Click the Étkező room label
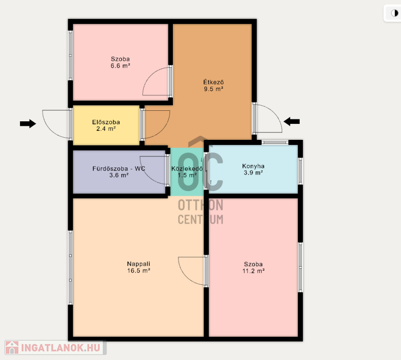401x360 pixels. pyautogui.click(x=214, y=82)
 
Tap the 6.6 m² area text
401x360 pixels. pyautogui.click(x=120, y=66)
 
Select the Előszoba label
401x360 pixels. pyautogui.click(x=106, y=122)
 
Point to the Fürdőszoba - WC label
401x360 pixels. pyautogui.click(x=119, y=168)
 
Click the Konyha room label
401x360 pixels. pyautogui.click(x=253, y=166)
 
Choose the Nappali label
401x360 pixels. pyautogui.click(x=139, y=264)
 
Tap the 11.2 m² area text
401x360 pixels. pyautogui.click(x=254, y=271)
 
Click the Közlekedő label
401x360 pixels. pyautogui.click(x=187, y=168)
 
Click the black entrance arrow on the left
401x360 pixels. pyautogui.click(x=28, y=123)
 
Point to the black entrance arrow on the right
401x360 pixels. pyautogui.click(x=292, y=121)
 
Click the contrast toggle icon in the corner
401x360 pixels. pyautogui.click(x=394, y=13)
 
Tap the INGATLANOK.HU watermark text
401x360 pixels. pyautogui.click(x=60, y=348)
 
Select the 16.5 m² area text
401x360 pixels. pyautogui.click(x=139, y=271)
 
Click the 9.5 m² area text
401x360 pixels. pyautogui.click(x=214, y=89)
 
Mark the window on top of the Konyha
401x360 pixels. pyautogui.click(x=275, y=142)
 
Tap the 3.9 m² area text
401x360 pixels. pyautogui.click(x=253, y=172)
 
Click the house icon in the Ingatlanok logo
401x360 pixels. pyautogui.click(x=12, y=347)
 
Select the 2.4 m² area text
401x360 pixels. pyautogui.click(x=106, y=129)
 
